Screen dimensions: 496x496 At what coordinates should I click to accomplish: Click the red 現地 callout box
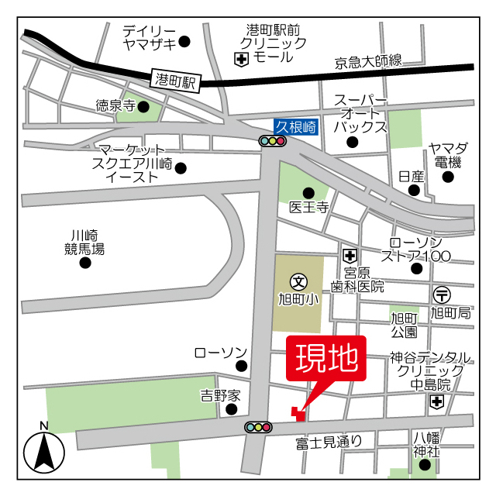(325, 360)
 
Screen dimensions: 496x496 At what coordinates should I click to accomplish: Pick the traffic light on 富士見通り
(258, 427)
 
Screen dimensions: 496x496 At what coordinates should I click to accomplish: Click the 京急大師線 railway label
(369, 60)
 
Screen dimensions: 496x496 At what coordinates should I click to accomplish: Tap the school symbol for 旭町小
(298, 281)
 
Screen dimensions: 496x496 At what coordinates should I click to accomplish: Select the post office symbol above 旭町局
(442, 294)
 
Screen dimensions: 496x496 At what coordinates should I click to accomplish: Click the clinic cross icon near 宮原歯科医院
(350, 255)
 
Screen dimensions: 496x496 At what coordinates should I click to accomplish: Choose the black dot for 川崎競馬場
(85, 263)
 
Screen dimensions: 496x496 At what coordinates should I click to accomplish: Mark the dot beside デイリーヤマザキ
(184, 41)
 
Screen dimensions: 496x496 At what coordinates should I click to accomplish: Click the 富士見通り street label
(329, 442)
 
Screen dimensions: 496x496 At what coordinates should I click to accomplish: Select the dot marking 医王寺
(308, 192)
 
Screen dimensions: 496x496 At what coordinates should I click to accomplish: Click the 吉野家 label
(221, 395)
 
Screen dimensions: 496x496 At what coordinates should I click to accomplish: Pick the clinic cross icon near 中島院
(437, 401)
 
